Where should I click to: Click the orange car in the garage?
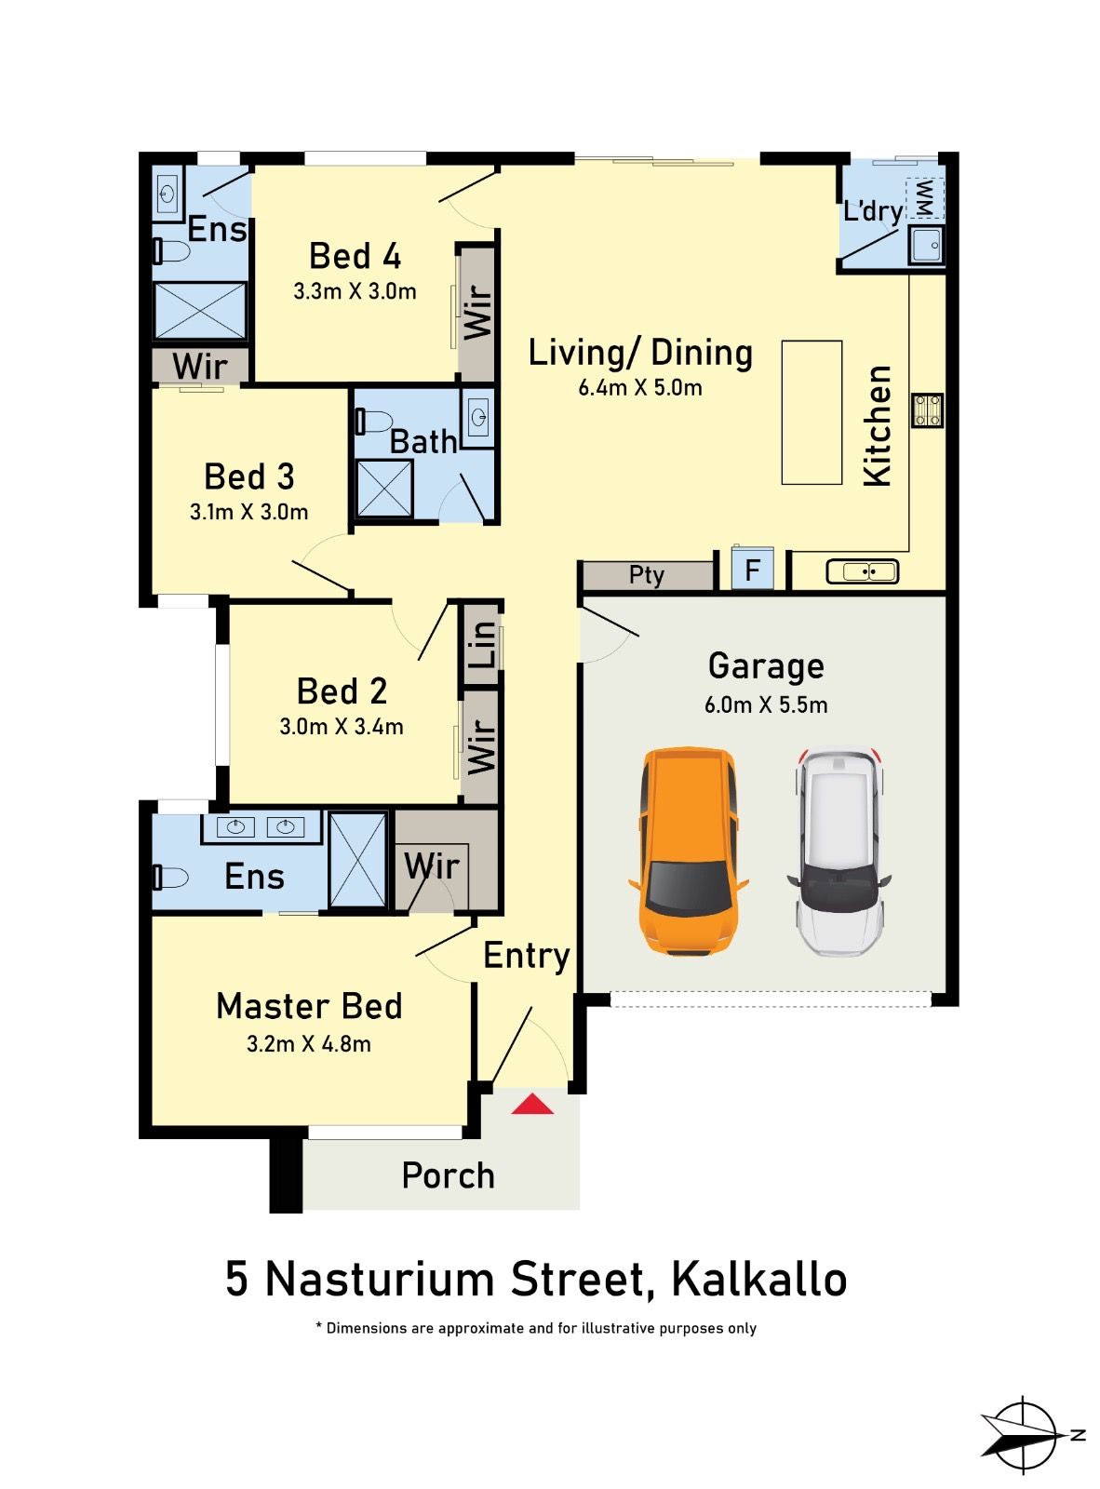pyautogui.click(x=688, y=851)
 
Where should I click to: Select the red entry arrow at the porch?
pyautogui.click(x=532, y=1105)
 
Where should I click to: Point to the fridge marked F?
pyautogui.click(x=752, y=569)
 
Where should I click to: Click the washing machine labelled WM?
pyautogui.click(x=925, y=197)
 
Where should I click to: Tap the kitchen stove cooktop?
pyautogui.click(x=927, y=410)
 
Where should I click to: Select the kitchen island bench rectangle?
pyautogui.click(x=812, y=412)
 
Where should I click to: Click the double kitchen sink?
pyautogui.click(x=863, y=570)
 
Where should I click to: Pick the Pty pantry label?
pyautogui.click(x=647, y=575)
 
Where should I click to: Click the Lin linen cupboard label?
pyautogui.click(x=482, y=644)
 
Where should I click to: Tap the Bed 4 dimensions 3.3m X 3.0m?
pyautogui.click(x=355, y=291)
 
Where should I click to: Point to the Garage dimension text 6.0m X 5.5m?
pyautogui.click(x=766, y=704)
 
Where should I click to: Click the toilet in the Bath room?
pyautogui.click(x=374, y=422)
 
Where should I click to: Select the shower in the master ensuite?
pyautogui.click(x=357, y=860)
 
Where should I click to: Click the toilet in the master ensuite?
pyautogui.click(x=170, y=877)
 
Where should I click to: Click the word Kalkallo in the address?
pyautogui.click(x=758, y=1280)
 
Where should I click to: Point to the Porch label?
pyautogui.click(x=448, y=1175)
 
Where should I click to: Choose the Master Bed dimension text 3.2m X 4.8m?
pyautogui.click(x=309, y=1044)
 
